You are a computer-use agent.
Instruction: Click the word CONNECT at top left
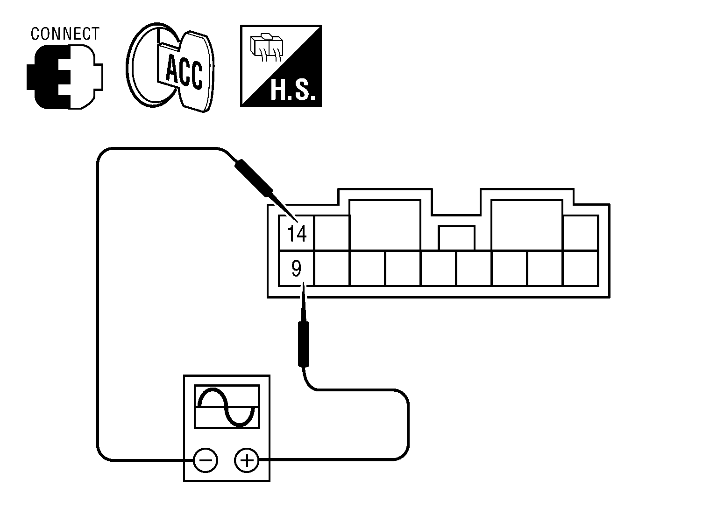coord(65,34)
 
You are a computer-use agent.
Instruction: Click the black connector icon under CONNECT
coord(64,77)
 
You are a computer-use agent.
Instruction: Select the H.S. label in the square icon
coord(292,92)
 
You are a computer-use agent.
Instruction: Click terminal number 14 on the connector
coord(297,234)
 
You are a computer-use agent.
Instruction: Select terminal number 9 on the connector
coord(296,269)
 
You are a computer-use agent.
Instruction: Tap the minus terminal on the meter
coord(206,461)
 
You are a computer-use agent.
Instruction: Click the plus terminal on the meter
coord(246,461)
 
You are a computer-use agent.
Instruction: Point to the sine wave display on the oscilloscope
coord(227,407)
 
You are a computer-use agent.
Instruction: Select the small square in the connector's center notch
coord(457,238)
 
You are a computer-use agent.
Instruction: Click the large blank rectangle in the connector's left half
coord(385,225)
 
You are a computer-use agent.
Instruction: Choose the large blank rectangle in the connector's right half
coord(527,225)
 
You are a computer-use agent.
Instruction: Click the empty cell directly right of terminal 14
coord(332,233)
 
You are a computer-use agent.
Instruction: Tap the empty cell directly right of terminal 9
coord(332,268)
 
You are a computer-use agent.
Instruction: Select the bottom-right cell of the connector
coord(581,268)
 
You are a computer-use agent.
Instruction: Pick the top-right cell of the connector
coord(581,233)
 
